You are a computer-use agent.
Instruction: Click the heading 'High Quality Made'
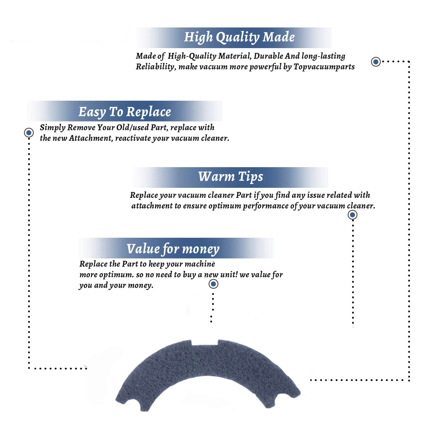(x=239, y=38)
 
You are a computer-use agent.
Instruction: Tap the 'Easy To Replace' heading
(x=125, y=112)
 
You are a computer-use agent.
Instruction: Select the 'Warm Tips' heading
(x=230, y=177)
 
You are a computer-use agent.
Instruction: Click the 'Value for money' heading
(x=173, y=249)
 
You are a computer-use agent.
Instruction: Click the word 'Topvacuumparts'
(x=324, y=67)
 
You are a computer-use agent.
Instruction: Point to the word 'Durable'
(x=268, y=56)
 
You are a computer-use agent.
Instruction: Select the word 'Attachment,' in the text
(x=91, y=138)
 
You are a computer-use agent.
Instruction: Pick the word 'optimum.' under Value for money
(x=116, y=275)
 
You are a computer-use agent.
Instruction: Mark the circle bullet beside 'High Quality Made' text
(x=376, y=62)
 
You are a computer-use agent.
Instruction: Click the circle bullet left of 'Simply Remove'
(x=29, y=133)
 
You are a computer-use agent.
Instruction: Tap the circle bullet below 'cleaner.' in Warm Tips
(x=352, y=215)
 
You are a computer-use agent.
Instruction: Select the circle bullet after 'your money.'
(x=213, y=284)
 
